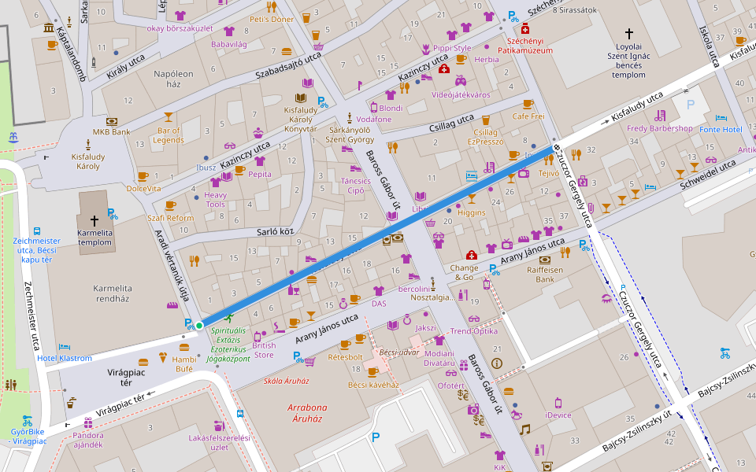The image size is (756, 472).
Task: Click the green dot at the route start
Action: point(199,326)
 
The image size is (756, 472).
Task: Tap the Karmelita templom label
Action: point(94,238)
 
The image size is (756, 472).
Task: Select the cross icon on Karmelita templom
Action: point(94,221)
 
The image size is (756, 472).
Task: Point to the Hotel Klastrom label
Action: point(65,358)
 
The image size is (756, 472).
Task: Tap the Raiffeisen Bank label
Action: point(545,274)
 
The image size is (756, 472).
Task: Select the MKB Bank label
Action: point(112,132)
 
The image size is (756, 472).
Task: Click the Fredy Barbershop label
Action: point(659,128)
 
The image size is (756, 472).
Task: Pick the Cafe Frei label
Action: point(528,116)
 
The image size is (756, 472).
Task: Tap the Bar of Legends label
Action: point(169,135)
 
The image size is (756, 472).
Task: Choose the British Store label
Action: point(264,350)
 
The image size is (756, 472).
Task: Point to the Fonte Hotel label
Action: point(721,129)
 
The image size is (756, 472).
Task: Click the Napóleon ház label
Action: point(174,79)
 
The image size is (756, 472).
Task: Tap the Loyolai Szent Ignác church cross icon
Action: point(628,34)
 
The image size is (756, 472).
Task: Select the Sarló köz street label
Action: point(275,232)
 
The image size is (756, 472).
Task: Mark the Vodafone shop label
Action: point(373,119)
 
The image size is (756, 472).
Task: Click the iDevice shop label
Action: point(558,415)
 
